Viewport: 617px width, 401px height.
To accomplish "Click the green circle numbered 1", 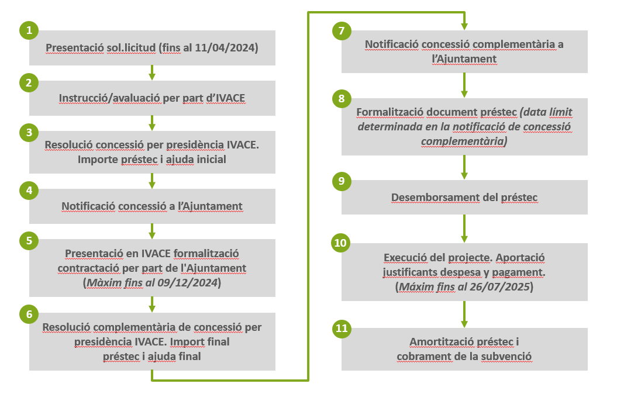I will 29,30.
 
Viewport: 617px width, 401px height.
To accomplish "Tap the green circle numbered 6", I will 29,314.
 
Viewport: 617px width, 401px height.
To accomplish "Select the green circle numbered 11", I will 342,329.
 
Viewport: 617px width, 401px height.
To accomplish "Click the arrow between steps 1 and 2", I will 152,72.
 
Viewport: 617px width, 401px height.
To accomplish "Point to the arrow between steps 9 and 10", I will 464,229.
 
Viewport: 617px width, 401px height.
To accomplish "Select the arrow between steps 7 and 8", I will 464,85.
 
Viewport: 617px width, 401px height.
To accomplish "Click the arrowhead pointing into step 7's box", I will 464,25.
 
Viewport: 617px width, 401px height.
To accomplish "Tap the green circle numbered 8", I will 342,98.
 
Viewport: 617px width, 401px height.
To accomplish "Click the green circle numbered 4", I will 29,189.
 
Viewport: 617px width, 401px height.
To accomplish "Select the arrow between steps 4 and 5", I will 152,231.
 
